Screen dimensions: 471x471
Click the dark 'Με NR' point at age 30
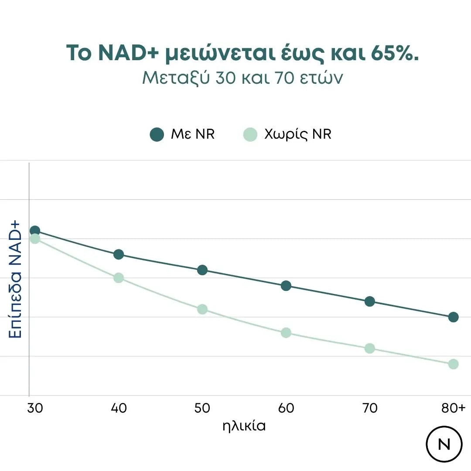point(35,231)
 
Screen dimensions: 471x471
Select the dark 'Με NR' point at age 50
point(202,270)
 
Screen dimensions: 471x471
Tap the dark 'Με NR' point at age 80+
point(453,317)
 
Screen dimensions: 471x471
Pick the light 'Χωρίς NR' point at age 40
point(119,278)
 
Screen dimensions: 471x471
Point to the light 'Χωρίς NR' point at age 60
point(286,333)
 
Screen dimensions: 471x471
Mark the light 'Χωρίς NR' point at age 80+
point(453,364)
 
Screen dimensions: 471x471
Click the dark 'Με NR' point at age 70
point(370,301)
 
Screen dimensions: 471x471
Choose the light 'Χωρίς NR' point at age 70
point(370,348)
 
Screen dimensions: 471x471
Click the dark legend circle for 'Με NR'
point(157,134)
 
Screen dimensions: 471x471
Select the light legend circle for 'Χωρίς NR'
point(250,134)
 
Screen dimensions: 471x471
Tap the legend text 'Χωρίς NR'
point(298,134)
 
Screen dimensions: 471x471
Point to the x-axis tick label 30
point(35,408)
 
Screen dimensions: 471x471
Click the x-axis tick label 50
point(202,408)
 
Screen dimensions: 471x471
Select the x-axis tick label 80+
point(453,408)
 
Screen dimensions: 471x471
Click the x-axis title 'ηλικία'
point(244,426)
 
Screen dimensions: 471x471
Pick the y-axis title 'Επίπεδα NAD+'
point(15,279)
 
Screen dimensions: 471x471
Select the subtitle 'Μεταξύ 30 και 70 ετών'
point(243,78)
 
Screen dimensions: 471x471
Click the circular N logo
point(444,444)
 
